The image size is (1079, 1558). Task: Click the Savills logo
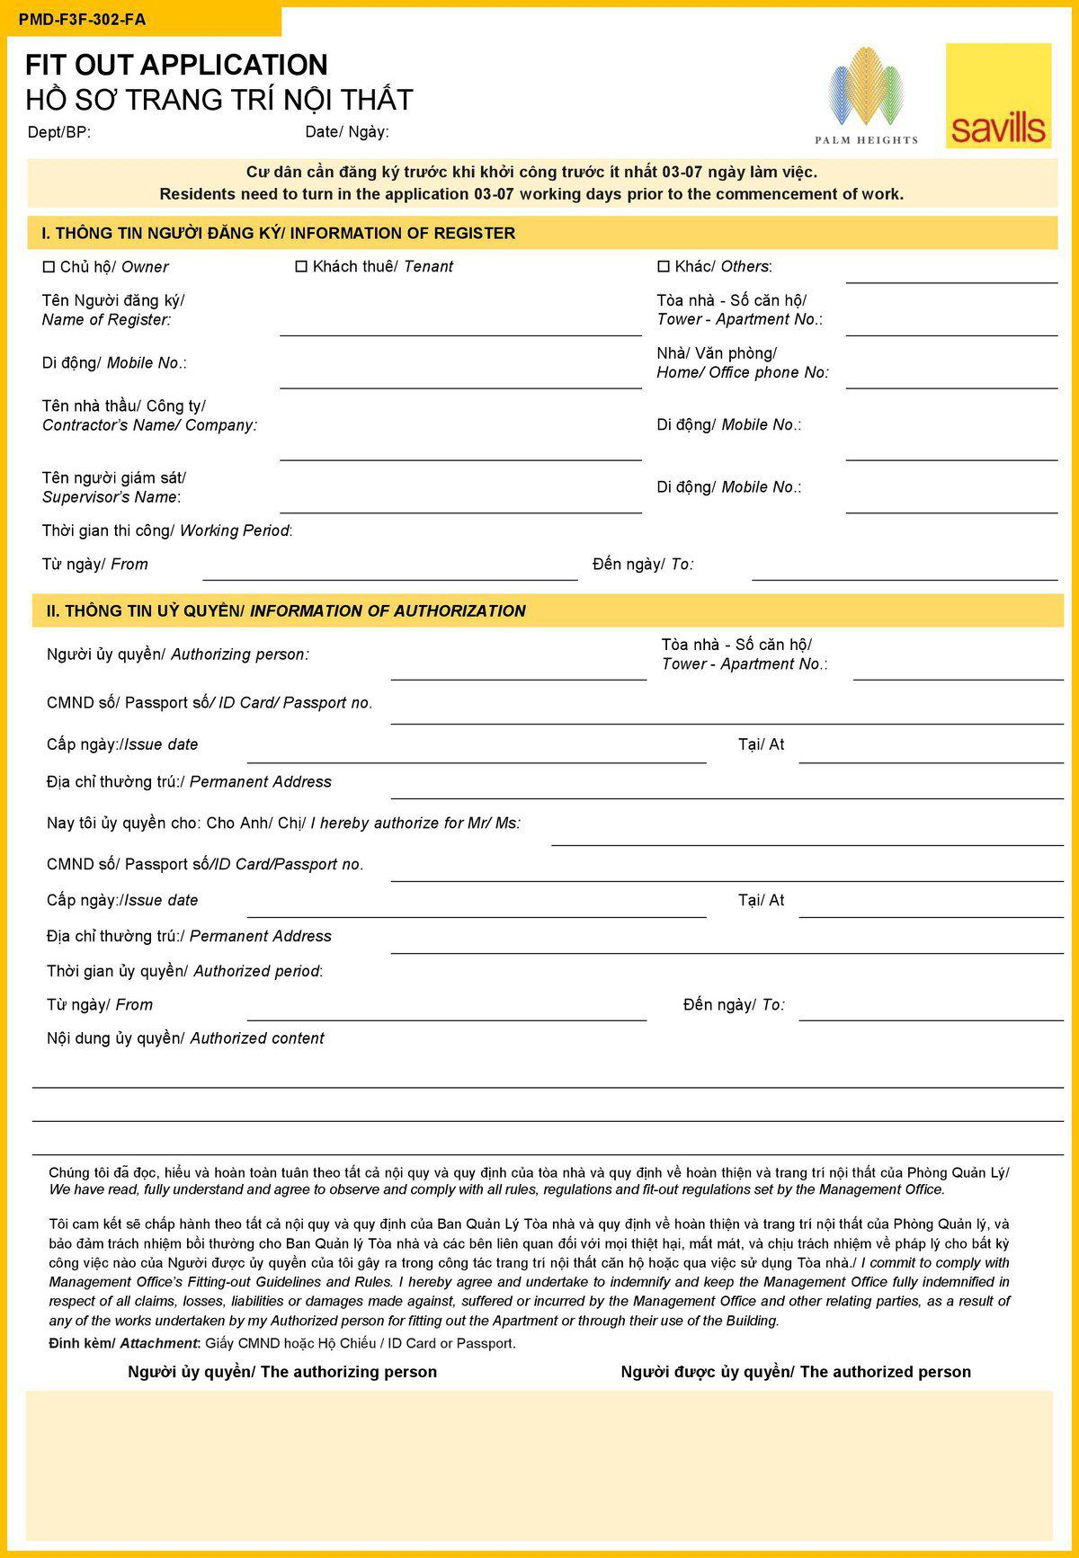(x=998, y=95)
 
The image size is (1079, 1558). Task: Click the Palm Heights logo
(x=866, y=95)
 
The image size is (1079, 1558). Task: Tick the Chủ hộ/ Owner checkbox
(x=49, y=266)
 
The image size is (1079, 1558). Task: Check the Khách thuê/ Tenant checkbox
(x=302, y=266)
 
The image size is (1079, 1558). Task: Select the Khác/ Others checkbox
(x=664, y=266)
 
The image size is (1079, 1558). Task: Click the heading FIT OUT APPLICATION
(x=176, y=65)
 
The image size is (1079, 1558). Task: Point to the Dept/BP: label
(x=59, y=132)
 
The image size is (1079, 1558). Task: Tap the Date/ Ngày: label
(x=347, y=132)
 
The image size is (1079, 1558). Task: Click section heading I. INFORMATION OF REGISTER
(x=279, y=233)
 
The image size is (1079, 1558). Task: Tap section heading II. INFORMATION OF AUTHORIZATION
(x=286, y=610)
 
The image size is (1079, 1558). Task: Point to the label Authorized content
(x=257, y=1038)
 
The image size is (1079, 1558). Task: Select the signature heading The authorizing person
(x=282, y=1372)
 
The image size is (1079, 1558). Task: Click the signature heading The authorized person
(x=796, y=1372)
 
